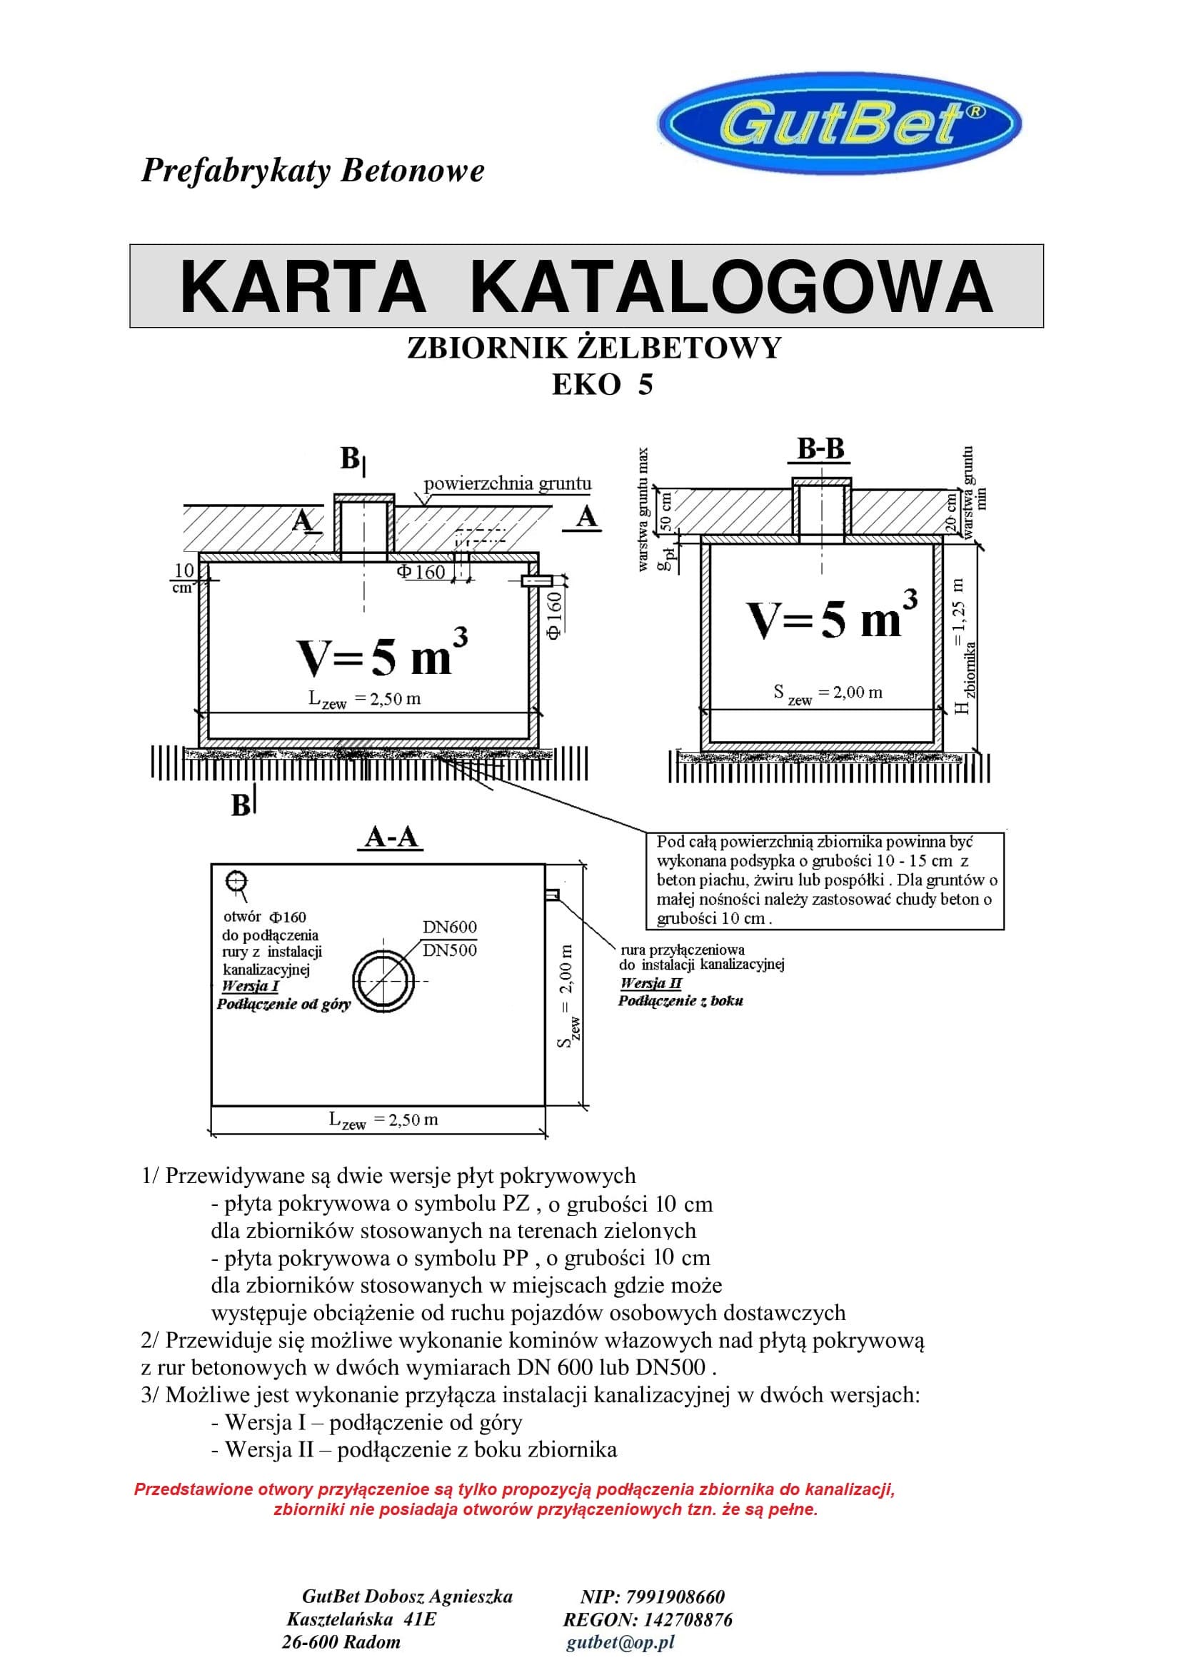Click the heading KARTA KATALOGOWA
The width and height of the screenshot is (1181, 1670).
point(586,286)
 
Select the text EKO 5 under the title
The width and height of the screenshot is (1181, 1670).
point(602,384)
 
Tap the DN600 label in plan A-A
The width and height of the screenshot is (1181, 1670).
point(449,927)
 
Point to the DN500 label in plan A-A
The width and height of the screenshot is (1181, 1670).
point(449,950)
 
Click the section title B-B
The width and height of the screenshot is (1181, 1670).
point(821,449)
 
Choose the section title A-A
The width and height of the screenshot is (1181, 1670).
point(391,837)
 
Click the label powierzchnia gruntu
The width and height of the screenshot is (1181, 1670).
point(508,483)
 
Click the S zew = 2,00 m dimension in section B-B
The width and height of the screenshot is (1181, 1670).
point(828,694)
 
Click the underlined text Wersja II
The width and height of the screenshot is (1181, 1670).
point(651,982)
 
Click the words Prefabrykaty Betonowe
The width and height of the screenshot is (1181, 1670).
point(313,171)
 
